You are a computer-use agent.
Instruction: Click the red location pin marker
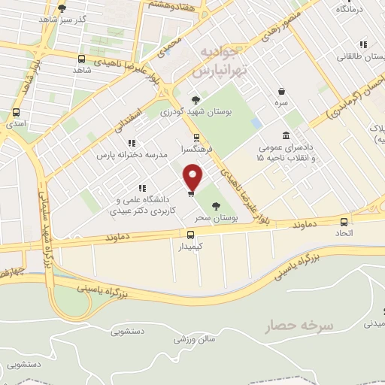tap(193, 178)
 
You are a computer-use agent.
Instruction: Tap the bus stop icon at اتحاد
tap(344, 222)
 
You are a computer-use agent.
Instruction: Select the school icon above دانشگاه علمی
tap(141, 188)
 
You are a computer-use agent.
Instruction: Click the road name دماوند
tap(308, 225)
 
